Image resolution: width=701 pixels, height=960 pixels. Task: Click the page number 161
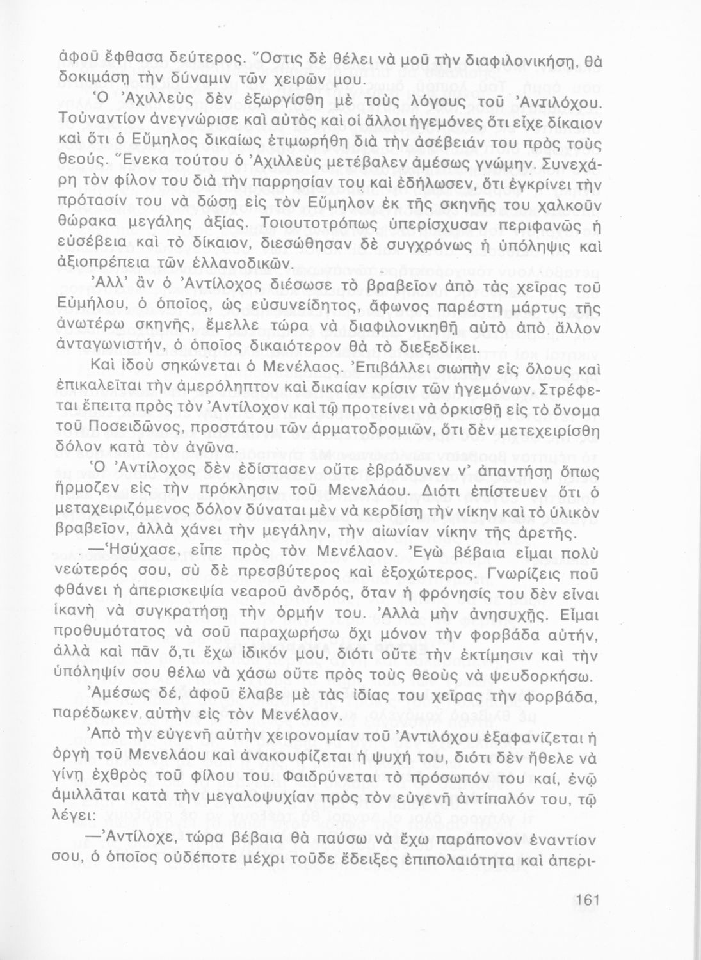coord(584,900)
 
